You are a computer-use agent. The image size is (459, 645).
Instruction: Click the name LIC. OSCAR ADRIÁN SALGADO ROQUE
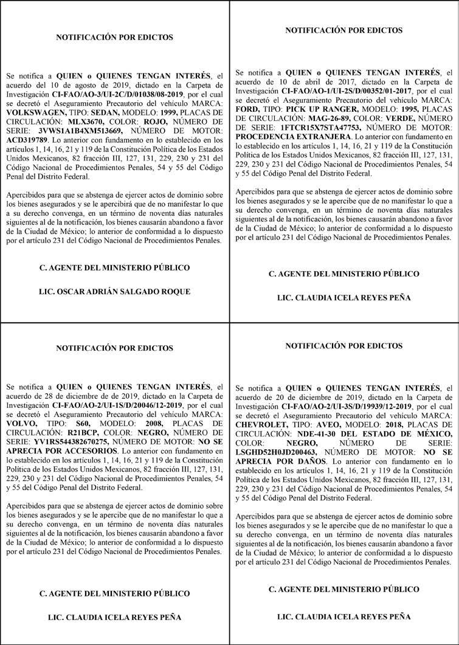pyautogui.click(x=115, y=291)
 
